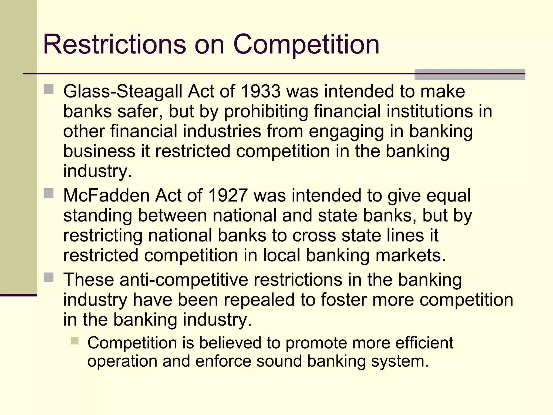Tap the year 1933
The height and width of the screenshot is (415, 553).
tap(261, 91)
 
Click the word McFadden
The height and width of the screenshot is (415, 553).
tap(106, 195)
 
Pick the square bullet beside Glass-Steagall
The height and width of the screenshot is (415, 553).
tap(49, 89)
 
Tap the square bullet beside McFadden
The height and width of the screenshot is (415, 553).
tap(49, 193)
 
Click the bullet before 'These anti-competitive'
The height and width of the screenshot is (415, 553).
tap(49, 277)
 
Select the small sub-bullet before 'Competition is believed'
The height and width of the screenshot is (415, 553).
tap(75, 341)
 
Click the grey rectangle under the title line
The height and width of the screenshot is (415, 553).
tap(470, 75)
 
